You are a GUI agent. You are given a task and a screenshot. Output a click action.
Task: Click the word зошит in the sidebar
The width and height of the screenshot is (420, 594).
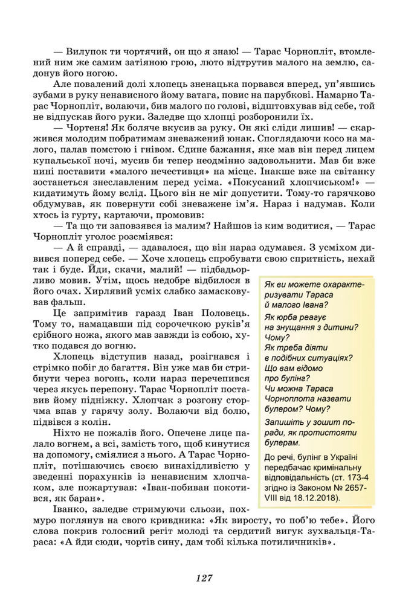326,422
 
